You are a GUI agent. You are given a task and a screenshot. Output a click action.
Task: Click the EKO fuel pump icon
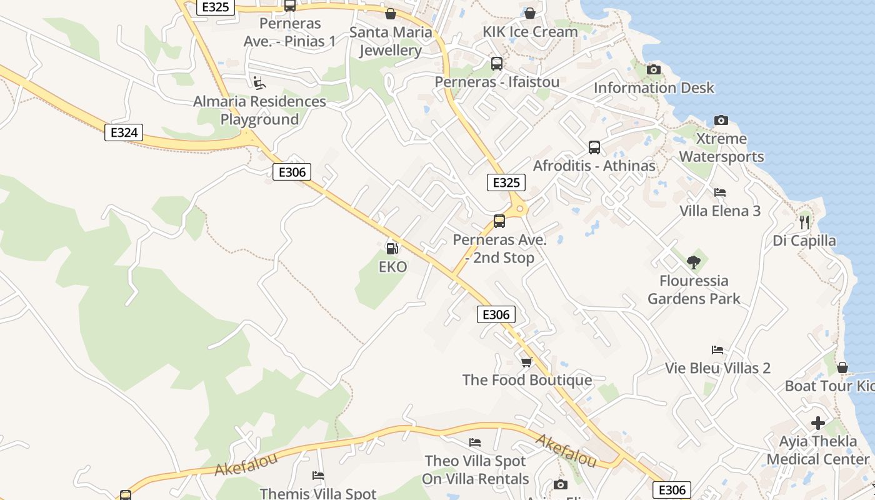click(x=392, y=249)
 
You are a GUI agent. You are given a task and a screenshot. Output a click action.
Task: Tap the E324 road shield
click(x=124, y=132)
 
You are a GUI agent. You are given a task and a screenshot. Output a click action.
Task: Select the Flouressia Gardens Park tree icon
click(x=693, y=262)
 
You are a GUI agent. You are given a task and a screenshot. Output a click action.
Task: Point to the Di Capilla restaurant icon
click(x=804, y=222)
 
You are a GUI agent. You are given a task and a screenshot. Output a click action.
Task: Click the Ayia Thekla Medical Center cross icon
click(x=817, y=423)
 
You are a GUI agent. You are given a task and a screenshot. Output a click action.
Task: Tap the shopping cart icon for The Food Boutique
click(x=527, y=362)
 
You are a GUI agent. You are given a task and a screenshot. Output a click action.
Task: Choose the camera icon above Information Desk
click(x=654, y=69)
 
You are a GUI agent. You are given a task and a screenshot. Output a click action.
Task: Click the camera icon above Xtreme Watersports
click(x=721, y=120)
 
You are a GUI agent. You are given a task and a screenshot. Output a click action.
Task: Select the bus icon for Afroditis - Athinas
click(x=594, y=147)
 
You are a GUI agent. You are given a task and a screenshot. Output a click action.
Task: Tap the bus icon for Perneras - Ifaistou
click(x=497, y=64)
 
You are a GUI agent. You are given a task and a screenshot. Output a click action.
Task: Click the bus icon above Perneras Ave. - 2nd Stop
click(x=499, y=221)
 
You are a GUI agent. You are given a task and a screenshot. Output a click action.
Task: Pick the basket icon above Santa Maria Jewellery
click(x=391, y=14)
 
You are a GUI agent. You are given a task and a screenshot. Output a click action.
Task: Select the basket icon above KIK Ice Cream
click(x=530, y=13)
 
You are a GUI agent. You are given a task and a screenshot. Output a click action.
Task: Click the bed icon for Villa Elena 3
click(x=720, y=192)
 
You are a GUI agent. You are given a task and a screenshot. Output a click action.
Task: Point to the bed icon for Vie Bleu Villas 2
click(x=717, y=350)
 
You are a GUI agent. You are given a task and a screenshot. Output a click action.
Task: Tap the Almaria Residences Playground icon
click(x=259, y=82)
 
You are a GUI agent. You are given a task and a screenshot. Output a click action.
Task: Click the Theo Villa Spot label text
click(x=476, y=461)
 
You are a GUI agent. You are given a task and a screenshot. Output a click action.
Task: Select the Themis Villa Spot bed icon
click(x=318, y=476)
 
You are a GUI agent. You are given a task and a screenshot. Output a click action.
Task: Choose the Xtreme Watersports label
click(x=721, y=147)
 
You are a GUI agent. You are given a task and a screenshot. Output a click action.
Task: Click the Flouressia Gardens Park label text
click(x=694, y=289)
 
